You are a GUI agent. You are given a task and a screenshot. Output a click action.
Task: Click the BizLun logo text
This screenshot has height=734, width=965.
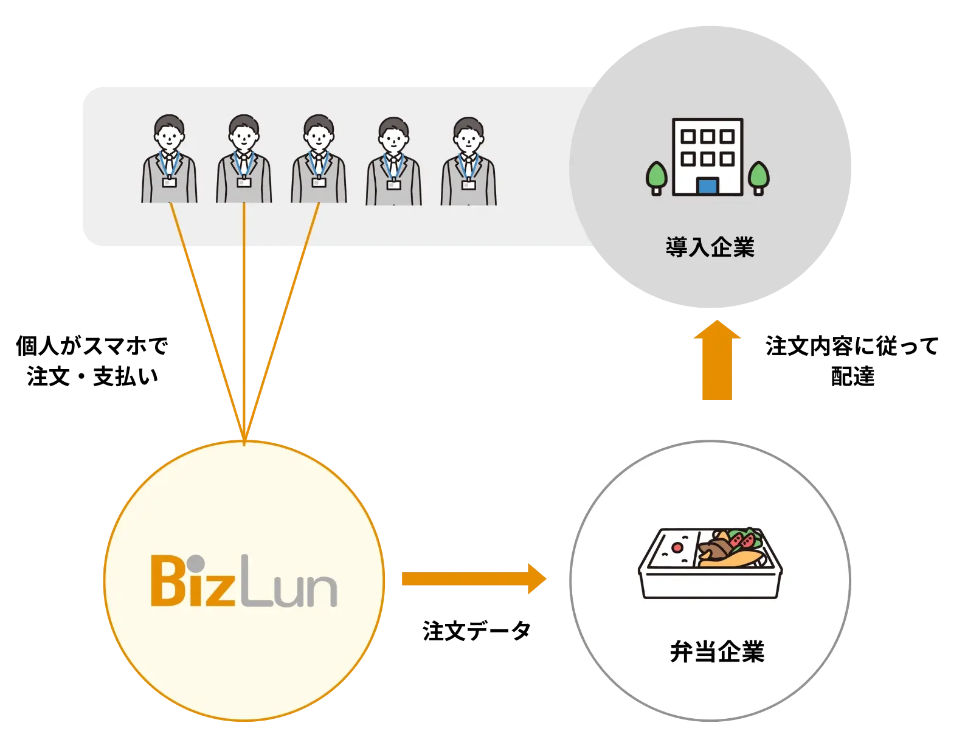[243, 581]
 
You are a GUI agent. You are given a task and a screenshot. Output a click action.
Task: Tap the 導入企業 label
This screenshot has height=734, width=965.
[710, 248]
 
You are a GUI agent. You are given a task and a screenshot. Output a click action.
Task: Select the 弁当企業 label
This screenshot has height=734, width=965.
[717, 652]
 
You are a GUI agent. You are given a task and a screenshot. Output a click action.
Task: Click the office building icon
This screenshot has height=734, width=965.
[707, 156]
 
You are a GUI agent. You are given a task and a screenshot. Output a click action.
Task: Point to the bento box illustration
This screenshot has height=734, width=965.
[710, 563]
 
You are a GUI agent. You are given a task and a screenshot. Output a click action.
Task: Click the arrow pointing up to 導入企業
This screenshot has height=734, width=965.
[718, 361]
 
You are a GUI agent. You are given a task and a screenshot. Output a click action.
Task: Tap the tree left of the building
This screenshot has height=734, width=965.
[656, 177]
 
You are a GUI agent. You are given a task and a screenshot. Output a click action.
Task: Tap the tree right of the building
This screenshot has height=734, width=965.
[758, 177]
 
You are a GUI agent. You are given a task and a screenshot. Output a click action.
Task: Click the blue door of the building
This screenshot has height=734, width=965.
[707, 184]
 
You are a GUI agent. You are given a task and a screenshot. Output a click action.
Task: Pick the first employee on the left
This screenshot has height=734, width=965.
[169, 159]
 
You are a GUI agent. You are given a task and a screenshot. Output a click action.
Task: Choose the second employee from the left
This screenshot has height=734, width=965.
[244, 159]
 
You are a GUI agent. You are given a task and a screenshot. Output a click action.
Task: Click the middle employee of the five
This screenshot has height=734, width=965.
[319, 159]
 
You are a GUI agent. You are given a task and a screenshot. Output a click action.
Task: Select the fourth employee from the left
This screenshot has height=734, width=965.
[393, 161]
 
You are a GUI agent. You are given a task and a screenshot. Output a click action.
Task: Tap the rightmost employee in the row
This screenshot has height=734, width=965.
[468, 161]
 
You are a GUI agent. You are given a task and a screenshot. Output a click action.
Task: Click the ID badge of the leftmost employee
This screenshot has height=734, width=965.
[169, 182]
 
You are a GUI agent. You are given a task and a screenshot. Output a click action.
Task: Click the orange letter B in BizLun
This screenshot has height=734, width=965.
[168, 581]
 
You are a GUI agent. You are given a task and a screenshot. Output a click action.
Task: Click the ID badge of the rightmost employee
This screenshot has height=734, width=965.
[468, 184]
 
